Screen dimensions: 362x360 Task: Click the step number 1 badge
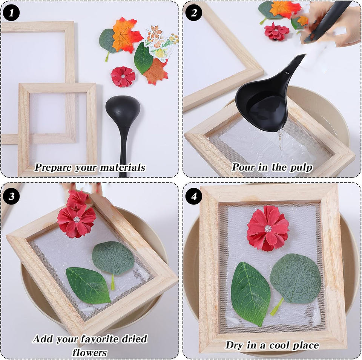click(x=11, y=13)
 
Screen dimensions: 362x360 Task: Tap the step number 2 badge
click(x=194, y=13)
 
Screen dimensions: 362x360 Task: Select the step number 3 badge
click(x=11, y=196)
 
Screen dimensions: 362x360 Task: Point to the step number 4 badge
click(x=194, y=196)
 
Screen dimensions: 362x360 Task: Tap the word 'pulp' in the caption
click(x=301, y=168)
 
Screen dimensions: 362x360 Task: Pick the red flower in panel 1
click(x=123, y=76)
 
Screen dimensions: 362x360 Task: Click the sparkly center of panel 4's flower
click(x=268, y=228)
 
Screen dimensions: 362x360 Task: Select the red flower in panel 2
click(x=276, y=31)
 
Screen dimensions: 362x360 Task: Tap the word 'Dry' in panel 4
click(x=233, y=345)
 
